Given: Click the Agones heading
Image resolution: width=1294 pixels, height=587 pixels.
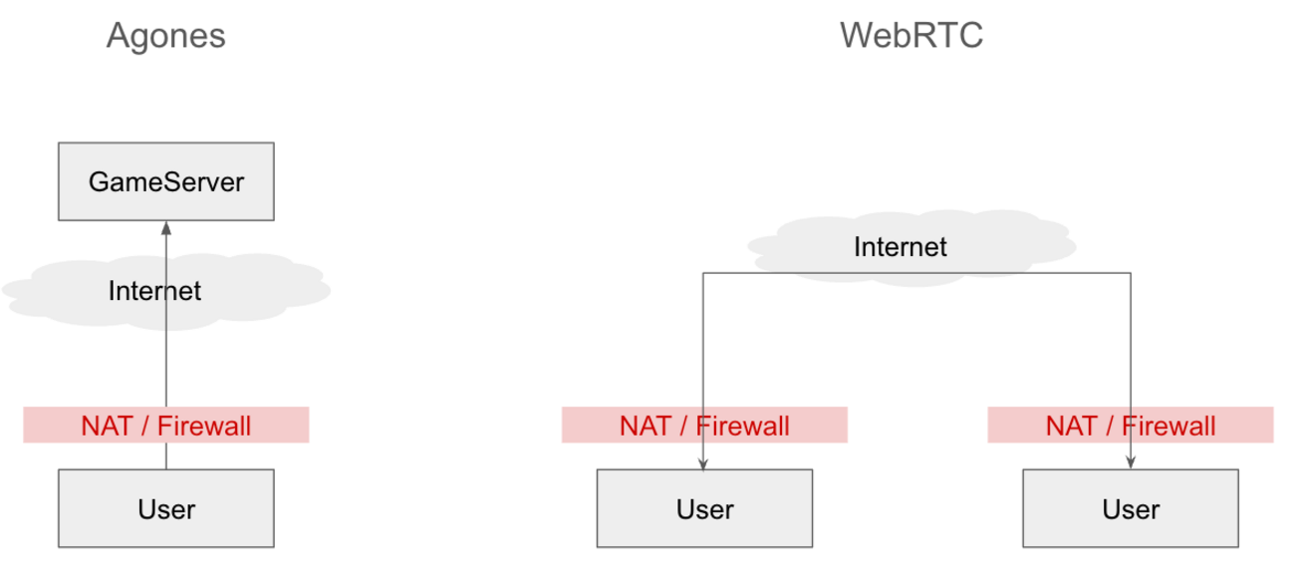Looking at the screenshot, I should point(165,36).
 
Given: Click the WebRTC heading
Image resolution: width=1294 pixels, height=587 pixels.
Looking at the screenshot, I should point(910,36).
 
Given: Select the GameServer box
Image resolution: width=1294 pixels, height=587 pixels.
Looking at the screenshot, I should point(165,181).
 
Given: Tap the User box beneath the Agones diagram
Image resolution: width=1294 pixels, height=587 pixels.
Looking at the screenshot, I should point(165,508).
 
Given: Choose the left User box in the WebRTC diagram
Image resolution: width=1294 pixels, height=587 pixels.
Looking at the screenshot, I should point(704,508).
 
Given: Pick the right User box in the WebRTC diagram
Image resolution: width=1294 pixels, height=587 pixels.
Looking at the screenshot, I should point(1131,508).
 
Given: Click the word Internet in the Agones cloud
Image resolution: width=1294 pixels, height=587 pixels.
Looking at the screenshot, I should point(154,291).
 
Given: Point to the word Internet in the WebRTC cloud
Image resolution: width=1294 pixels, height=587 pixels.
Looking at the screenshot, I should point(900,247).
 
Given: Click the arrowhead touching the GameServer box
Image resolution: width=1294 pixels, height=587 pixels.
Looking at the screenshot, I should point(165,228).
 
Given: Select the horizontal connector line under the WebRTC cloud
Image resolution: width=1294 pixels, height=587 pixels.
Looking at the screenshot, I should point(916,273).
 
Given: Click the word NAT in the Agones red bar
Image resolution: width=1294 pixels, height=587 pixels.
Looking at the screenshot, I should point(107,427).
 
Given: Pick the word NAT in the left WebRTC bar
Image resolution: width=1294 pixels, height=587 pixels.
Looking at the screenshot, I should point(645,427).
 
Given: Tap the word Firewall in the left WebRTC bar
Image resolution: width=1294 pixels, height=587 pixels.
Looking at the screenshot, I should point(742,427).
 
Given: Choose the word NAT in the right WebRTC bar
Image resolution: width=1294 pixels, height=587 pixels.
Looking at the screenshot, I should point(1071,427).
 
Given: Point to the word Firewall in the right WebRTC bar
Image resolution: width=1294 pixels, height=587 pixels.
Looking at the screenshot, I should point(1168,427).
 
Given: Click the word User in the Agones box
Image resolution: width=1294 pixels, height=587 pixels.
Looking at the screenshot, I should point(165,509).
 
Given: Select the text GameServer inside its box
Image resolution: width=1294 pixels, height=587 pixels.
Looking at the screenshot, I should point(165,182).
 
